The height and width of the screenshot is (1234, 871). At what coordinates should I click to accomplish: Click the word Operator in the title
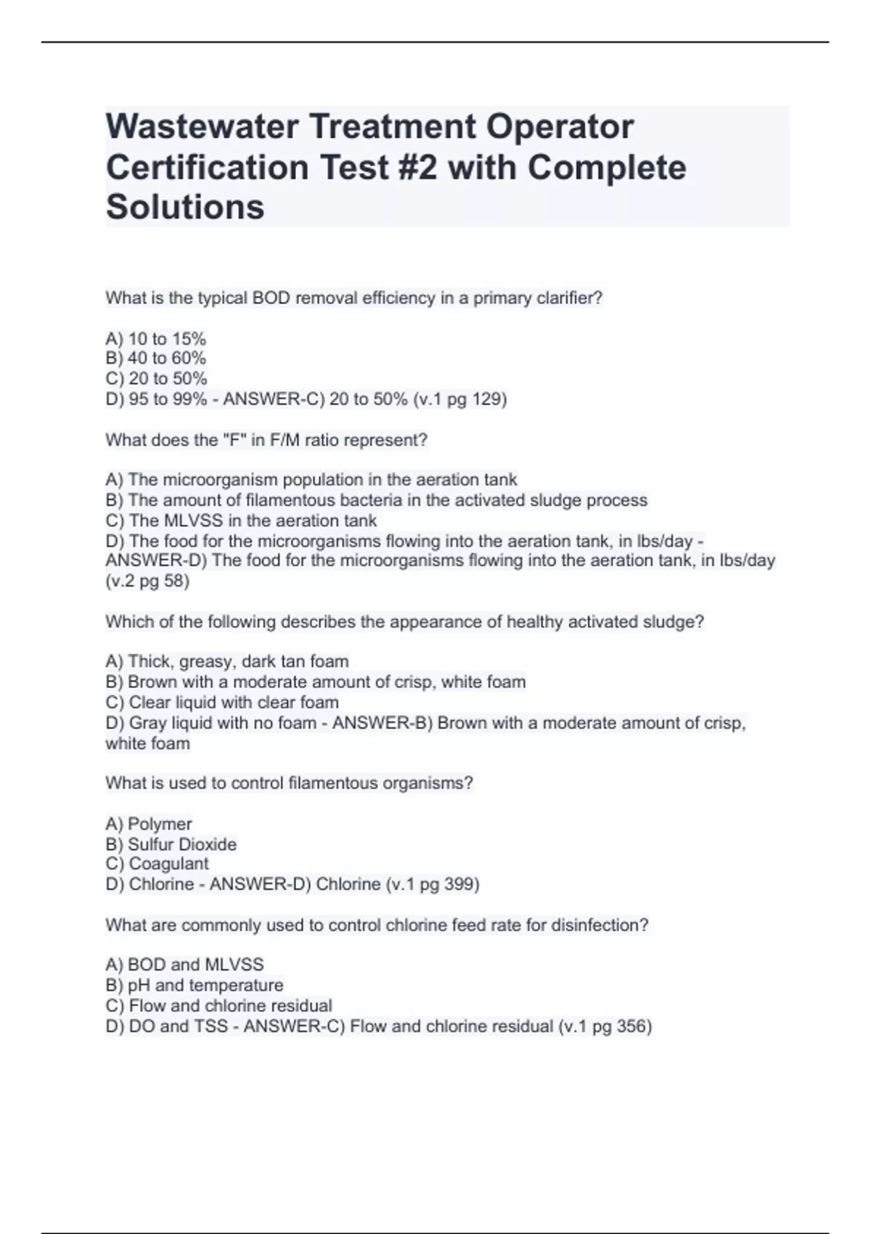click(x=560, y=126)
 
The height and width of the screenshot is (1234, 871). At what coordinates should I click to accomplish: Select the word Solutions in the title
click(x=185, y=207)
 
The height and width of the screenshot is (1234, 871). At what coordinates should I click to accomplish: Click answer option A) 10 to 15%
click(x=156, y=338)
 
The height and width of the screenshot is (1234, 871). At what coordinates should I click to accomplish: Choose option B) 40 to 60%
click(x=156, y=358)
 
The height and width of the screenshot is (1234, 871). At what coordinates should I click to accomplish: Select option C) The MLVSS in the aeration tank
click(x=241, y=520)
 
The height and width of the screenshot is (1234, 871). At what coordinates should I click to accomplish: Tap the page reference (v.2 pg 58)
click(x=147, y=581)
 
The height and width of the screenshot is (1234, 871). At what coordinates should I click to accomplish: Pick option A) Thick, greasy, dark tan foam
click(x=227, y=661)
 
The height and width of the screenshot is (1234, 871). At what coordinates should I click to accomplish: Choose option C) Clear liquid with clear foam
click(x=222, y=702)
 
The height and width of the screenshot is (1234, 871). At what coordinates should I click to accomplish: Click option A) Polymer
click(x=149, y=824)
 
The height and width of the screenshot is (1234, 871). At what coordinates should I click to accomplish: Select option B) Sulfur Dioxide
click(x=171, y=844)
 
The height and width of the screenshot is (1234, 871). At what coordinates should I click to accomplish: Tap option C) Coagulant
click(x=157, y=864)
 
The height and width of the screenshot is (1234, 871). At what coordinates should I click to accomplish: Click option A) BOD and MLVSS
click(x=184, y=965)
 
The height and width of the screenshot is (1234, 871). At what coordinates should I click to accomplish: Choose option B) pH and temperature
click(x=195, y=985)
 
